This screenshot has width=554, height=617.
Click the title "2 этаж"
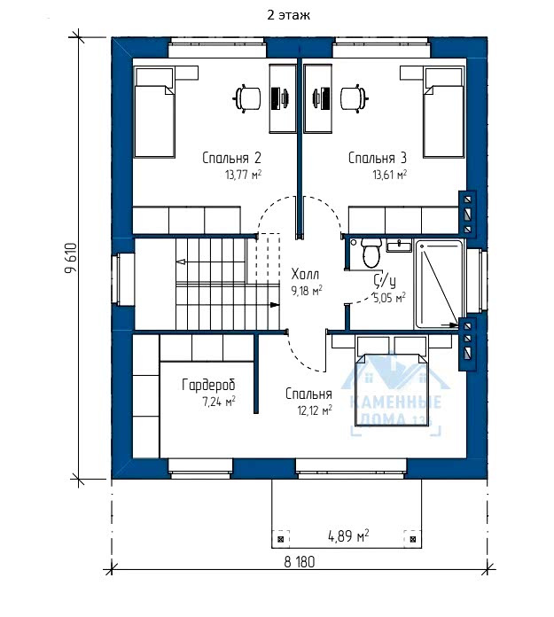(288, 15)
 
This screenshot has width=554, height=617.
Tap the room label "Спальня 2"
(231, 158)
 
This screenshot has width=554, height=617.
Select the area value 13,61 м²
(389, 175)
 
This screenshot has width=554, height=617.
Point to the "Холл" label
(305, 274)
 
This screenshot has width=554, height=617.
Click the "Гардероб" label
(208, 385)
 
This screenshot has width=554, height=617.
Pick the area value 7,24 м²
(219, 402)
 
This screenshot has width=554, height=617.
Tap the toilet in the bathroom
(371, 253)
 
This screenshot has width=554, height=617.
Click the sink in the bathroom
(399, 246)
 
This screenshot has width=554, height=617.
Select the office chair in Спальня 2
(248, 98)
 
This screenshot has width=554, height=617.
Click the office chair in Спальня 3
(355, 98)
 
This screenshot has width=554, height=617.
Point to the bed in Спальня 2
(154, 113)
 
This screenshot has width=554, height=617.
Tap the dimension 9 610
(71, 258)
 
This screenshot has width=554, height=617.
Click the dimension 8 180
(300, 562)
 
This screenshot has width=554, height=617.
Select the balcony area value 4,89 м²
(348, 536)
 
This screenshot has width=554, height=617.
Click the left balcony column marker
(281, 539)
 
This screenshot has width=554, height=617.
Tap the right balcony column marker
(413, 539)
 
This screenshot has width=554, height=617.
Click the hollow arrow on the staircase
(181, 262)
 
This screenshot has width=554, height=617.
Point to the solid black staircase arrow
(274, 305)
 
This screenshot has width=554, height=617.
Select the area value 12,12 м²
(315, 410)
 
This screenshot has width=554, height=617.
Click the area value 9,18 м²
(307, 291)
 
